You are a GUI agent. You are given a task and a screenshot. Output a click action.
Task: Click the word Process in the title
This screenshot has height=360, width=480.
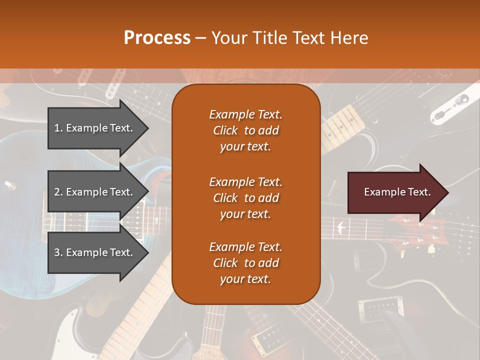click(x=157, y=38)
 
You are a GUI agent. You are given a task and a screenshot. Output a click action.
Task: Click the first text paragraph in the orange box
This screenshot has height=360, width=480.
click(x=245, y=130)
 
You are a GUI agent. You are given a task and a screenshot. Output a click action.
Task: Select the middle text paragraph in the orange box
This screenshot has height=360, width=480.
click(x=245, y=198)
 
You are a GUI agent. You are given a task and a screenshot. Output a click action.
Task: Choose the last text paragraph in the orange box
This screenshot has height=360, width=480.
click(x=245, y=263)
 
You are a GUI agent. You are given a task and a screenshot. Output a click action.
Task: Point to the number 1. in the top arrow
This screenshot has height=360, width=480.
click(x=58, y=128)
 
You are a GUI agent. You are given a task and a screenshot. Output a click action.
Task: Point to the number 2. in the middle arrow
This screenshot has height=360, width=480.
click(x=58, y=192)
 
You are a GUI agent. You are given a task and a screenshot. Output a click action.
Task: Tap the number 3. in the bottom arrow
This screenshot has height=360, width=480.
click(x=58, y=252)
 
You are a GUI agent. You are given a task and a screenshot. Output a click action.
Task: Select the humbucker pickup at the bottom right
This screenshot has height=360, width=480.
click(x=374, y=310)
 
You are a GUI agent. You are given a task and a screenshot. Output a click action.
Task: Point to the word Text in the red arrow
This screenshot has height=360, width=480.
click(x=419, y=192)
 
